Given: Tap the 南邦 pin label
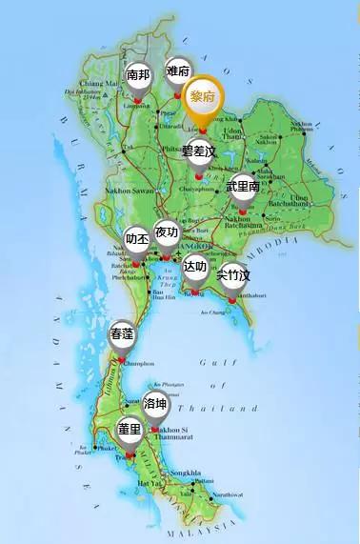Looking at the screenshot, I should tap(138, 75).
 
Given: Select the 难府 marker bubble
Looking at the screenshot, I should tap(177, 71).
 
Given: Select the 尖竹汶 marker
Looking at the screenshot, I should tap(232, 276).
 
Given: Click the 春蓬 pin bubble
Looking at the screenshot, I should tap(122, 334).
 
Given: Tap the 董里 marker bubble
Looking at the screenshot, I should tap(129, 430).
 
